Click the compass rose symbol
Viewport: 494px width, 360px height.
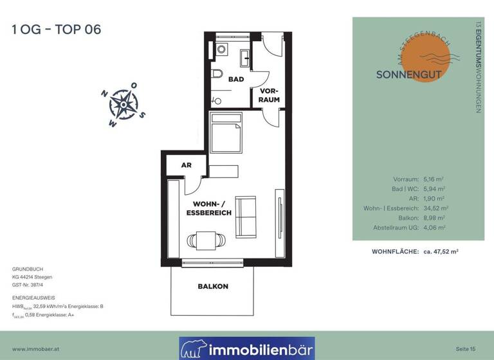(122, 105)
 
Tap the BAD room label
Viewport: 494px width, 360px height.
(236, 79)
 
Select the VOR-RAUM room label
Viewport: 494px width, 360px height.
(269, 95)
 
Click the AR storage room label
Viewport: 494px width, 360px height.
(187, 165)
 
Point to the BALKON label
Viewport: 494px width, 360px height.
(213, 286)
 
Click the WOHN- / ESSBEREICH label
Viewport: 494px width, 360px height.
(208, 208)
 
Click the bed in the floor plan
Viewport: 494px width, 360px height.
(226, 133)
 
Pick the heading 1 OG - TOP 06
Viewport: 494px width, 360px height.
(57, 30)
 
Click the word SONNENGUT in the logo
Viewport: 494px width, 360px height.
(408, 75)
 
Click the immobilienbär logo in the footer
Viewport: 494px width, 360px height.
(247, 348)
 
